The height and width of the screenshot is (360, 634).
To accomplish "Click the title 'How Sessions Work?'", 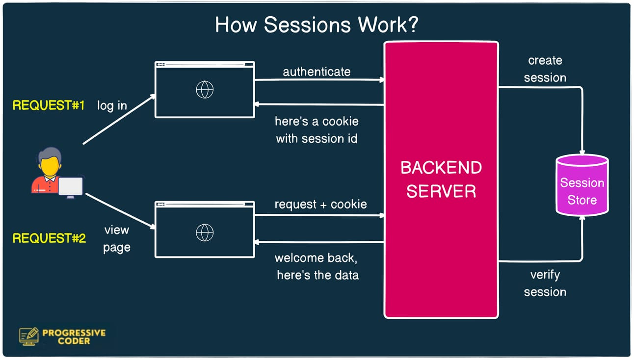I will [x=317, y=25].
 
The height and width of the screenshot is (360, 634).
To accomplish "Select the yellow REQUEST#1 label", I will [x=49, y=105].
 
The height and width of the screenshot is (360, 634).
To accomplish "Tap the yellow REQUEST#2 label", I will [x=49, y=238].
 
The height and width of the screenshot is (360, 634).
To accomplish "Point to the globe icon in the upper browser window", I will [x=205, y=90].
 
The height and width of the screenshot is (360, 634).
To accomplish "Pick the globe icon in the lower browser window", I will [x=205, y=232].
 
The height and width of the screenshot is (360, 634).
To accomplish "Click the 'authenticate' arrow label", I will [x=317, y=72].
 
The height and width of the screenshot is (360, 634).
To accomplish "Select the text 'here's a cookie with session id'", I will [x=317, y=130].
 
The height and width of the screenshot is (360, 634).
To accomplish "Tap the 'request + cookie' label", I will [x=320, y=205].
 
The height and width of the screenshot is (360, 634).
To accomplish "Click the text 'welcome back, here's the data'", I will [x=317, y=266].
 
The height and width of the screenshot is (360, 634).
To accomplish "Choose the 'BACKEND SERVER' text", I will [x=441, y=179].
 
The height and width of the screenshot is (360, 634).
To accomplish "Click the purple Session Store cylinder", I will [x=582, y=186].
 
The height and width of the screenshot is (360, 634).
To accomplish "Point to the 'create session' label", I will [x=545, y=69].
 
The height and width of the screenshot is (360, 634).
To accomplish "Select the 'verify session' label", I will [x=545, y=283].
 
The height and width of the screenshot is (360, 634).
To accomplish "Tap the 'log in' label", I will [x=112, y=105].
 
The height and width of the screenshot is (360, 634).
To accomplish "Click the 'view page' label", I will [x=116, y=239].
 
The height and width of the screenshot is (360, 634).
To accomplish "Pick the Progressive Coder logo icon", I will [x=29, y=336].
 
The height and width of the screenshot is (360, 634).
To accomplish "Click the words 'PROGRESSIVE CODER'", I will [x=74, y=336].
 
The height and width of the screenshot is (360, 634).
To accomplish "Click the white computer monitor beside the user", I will [x=70, y=187].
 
